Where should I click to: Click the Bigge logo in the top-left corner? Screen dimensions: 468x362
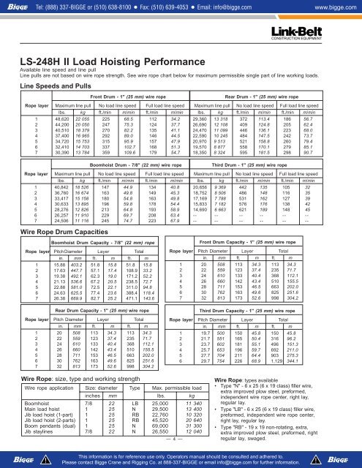coord(17,7)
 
